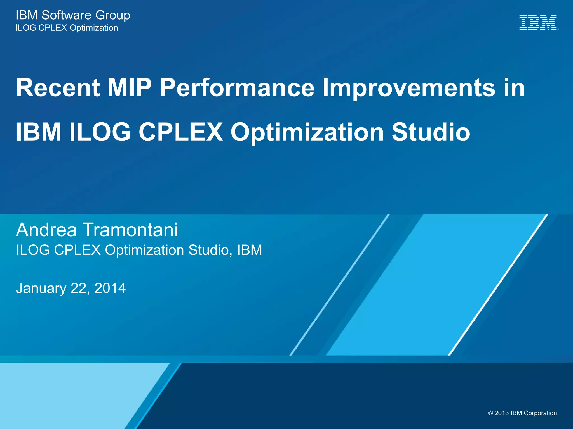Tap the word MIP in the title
pyautogui.click(x=129, y=88)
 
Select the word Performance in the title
pyautogui.click(x=237, y=88)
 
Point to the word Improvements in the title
pyautogui.click(x=409, y=88)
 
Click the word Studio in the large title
pyautogui.click(x=431, y=132)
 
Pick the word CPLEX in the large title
pyautogui.click(x=181, y=132)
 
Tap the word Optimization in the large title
pyautogui.click(x=307, y=132)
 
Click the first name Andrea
pyautogui.click(x=46, y=230)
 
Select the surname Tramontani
pyautogui.click(x=130, y=230)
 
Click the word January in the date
pyautogui.click(x=41, y=288)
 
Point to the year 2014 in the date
pyautogui.click(x=110, y=288)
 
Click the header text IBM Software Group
pyautogui.click(x=73, y=15)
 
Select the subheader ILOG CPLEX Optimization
pyautogui.click(x=67, y=28)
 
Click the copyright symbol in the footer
pyautogui.click(x=490, y=413)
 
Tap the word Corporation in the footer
pyautogui.click(x=540, y=413)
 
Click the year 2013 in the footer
pyautogui.click(x=502, y=413)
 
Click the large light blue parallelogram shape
pyautogui.click(x=436, y=285)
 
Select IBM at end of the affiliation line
pyautogui.click(x=250, y=250)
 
